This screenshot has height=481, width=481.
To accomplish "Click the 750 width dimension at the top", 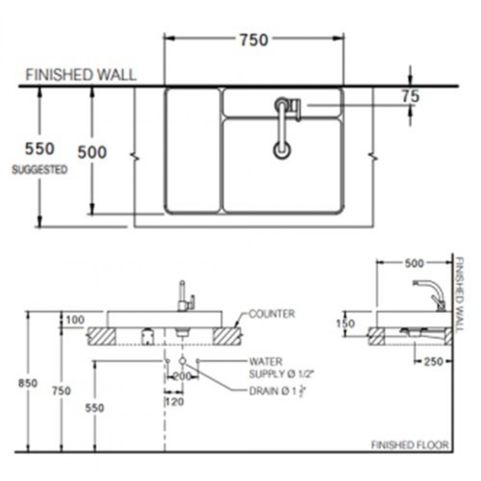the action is [254, 40].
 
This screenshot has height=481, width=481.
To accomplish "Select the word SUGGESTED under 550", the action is [40, 169].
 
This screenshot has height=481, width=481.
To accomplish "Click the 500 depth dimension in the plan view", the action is [92, 152].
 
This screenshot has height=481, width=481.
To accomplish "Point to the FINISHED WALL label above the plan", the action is [81, 75].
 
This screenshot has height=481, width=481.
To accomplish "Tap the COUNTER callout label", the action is [272, 314].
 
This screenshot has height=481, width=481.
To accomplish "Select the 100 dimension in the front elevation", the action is [75, 319].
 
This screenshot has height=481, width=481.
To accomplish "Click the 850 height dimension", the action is [28, 383].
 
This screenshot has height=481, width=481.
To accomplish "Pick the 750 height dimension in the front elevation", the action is [62, 391].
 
